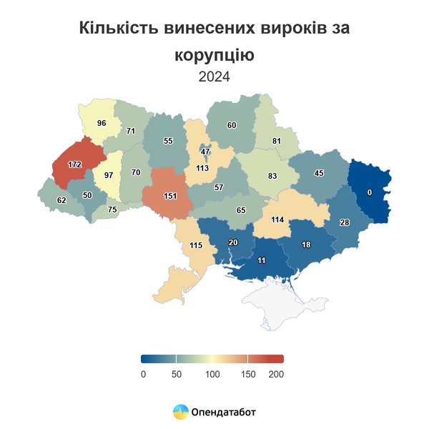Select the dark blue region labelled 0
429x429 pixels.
coord(370,192)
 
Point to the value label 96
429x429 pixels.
coord(102,123)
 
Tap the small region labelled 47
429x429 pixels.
coord(205,151)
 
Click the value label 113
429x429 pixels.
coord(202,169)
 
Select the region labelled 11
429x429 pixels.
coord(262,262)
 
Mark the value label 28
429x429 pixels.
coord(345,223)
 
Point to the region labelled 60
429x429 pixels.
coord(232,125)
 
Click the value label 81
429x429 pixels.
coord(277,141)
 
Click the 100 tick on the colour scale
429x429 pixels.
coord(212,374)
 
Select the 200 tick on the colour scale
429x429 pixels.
coord(276,374)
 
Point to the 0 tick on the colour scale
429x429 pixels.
coord(143,374)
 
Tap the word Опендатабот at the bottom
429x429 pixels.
coord(223,412)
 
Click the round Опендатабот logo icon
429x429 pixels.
coord(180,412)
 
